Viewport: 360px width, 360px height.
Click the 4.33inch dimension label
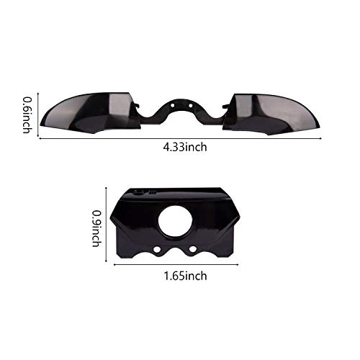185,147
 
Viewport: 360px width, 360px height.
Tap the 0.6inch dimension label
27,115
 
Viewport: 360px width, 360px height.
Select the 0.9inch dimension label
96,228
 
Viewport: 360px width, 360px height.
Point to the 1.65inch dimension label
185,276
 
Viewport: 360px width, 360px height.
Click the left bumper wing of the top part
91,113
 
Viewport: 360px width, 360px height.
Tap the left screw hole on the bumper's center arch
173,105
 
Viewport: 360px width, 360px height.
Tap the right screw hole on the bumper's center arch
190,105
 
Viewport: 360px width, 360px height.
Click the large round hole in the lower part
176,221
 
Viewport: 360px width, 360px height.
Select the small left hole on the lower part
157,250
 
